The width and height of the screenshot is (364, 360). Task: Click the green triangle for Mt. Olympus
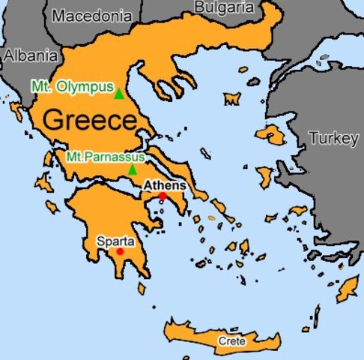[118, 93]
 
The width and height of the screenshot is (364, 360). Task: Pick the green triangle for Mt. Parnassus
[133, 169]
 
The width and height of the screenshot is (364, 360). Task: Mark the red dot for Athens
[163, 196]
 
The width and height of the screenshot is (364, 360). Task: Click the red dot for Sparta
[120, 252]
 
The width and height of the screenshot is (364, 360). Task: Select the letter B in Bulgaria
[200, 7]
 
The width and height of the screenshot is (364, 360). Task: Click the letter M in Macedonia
[60, 15]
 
